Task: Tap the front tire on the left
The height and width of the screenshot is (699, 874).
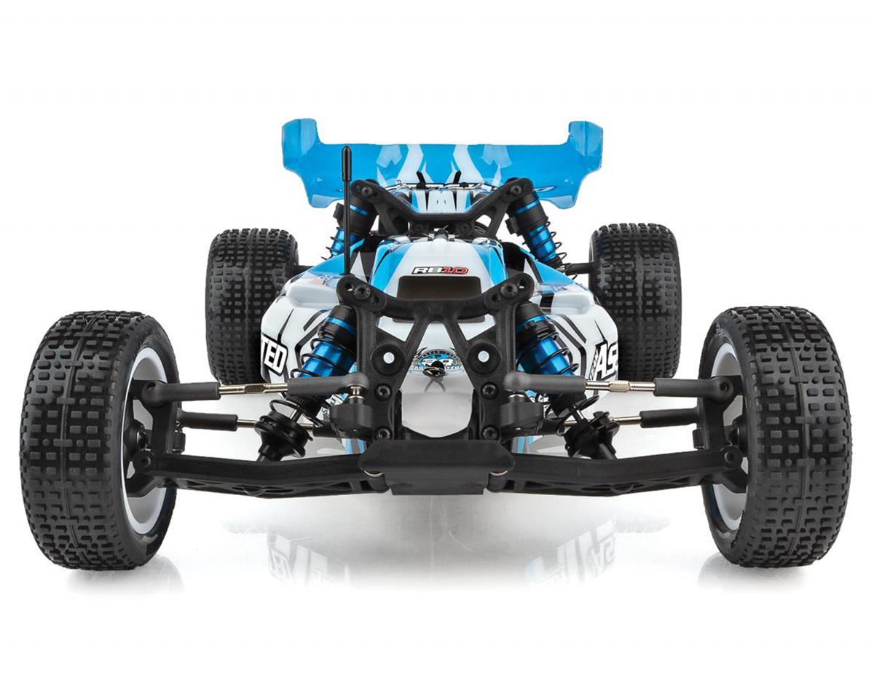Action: tap(87, 437)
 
